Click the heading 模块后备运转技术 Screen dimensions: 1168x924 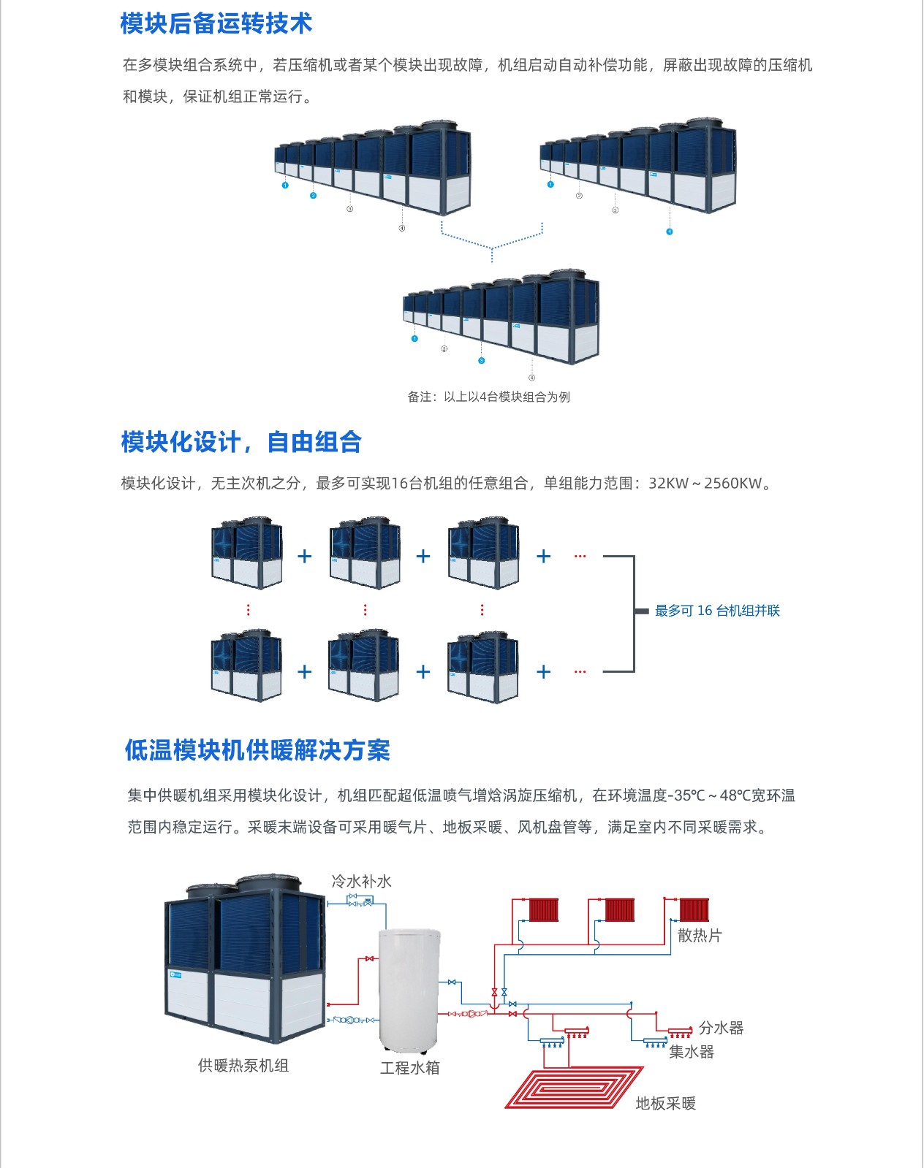pos(216,23)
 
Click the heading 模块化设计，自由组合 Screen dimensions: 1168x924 pos(241,442)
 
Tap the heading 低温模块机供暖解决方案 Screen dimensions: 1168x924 pos(257,750)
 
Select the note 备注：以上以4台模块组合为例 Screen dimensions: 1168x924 pos(488,397)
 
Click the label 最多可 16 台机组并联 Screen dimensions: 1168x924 pos(717,611)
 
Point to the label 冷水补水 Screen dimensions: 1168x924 pos(361,882)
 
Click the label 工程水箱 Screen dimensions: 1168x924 pos(409,1068)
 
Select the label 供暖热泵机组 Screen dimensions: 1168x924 pos(243,1066)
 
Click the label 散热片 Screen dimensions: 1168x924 pos(700,936)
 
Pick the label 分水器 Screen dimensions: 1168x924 pos(721,1028)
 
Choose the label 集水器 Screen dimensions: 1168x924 pos(691,1052)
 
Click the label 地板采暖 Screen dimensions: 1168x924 pos(665,1104)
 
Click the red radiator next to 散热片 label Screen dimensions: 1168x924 pos(694,910)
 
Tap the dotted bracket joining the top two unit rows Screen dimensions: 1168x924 pos(492,241)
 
